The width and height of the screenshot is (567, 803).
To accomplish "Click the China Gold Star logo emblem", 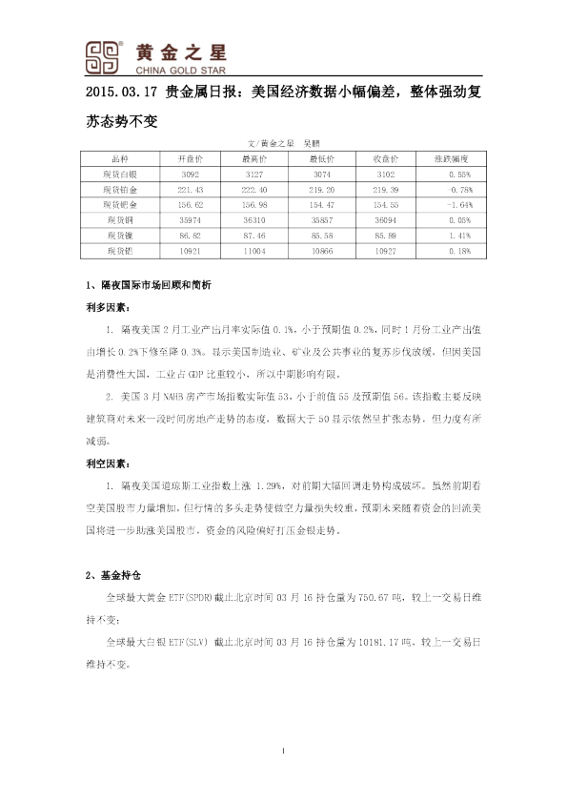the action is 103,55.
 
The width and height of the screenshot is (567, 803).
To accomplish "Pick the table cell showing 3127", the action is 253,175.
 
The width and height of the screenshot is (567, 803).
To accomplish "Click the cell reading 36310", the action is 253,219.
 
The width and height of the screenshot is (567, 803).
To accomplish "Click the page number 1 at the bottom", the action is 284,753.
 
